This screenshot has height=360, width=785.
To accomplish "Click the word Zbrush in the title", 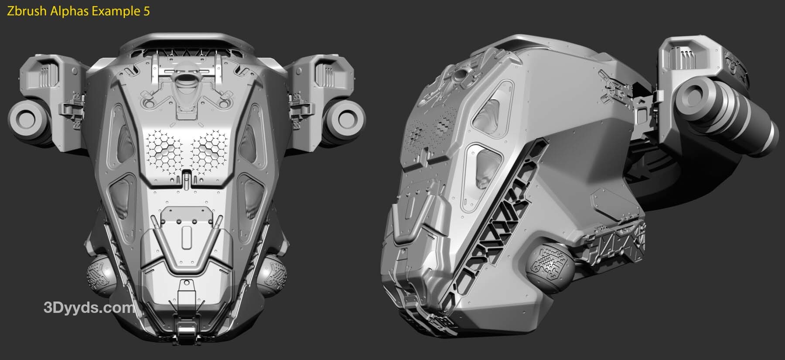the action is click(27, 11).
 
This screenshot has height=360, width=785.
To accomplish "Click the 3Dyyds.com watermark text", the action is click(89, 308).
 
